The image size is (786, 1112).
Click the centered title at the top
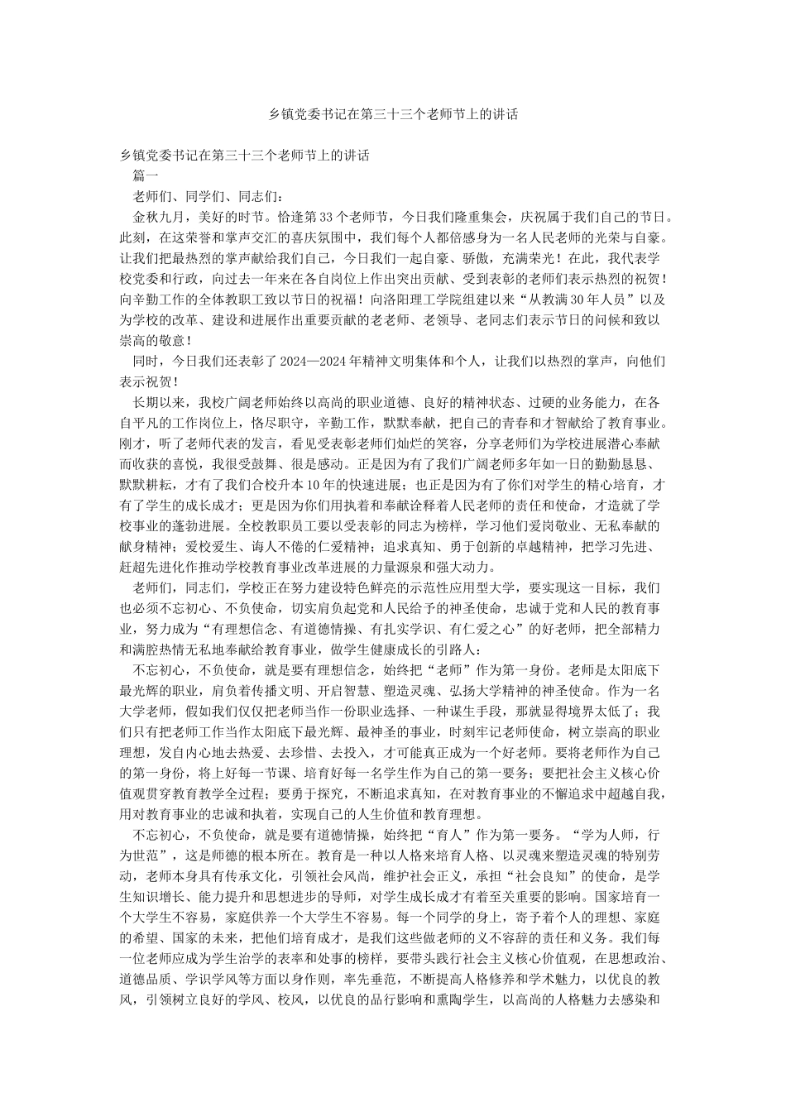pos(393,114)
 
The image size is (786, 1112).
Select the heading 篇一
pos(146,175)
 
